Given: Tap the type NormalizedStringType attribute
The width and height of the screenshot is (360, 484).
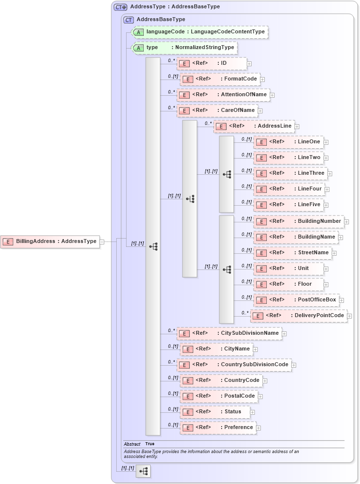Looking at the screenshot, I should [x=184, y=48].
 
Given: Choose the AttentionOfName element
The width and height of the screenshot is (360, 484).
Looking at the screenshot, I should [x=223, y=95].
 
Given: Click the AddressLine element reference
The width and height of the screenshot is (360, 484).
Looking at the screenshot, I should [x=254, y=126].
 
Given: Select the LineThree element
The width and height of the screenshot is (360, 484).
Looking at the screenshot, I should [x=290, y=173].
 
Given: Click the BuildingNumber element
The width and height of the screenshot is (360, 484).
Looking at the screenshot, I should [x=298, y=221].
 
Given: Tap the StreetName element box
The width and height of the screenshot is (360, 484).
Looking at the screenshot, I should [x=292, y=253].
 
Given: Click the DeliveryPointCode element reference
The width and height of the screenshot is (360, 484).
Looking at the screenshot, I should [x=298, y=316].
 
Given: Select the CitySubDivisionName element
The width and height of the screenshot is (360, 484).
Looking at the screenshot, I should [x=229, y=333].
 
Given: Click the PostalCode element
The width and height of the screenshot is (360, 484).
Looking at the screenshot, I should [x=219, y=396].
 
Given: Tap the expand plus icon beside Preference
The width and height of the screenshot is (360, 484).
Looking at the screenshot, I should [x=258, y=428].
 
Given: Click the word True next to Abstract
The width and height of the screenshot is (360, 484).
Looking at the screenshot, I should [x=150, y=444].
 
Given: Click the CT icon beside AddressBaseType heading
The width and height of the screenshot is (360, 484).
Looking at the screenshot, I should [x=129, y=20].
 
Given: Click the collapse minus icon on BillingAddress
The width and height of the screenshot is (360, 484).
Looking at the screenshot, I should [x=102, y=242].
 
